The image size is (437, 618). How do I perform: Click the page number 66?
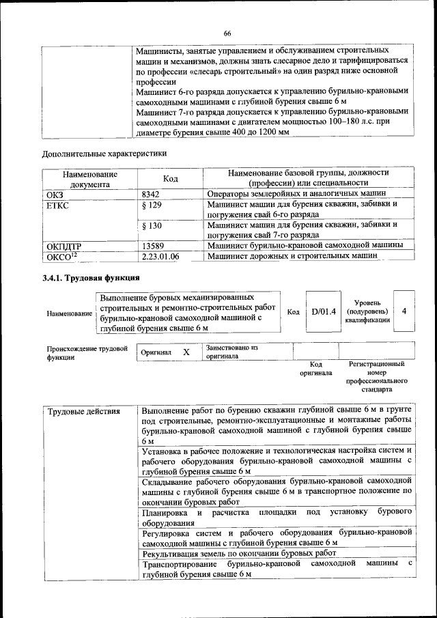click(x=227, y=33)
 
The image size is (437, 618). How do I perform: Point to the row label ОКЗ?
click(x=54, y=194)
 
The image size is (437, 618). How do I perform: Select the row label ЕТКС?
click(x=58, y=205)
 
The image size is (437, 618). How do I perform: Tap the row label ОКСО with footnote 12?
click(x=62, y=256)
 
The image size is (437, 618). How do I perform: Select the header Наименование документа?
click(x=89, y=178)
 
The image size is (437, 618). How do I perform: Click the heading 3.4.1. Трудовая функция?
click(x=91, y=278)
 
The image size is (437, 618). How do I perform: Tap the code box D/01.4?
click(x=324, y=312)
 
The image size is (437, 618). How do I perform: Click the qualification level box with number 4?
click(x=404, y=311)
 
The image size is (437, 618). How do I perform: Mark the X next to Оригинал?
click(x=186, y=352)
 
